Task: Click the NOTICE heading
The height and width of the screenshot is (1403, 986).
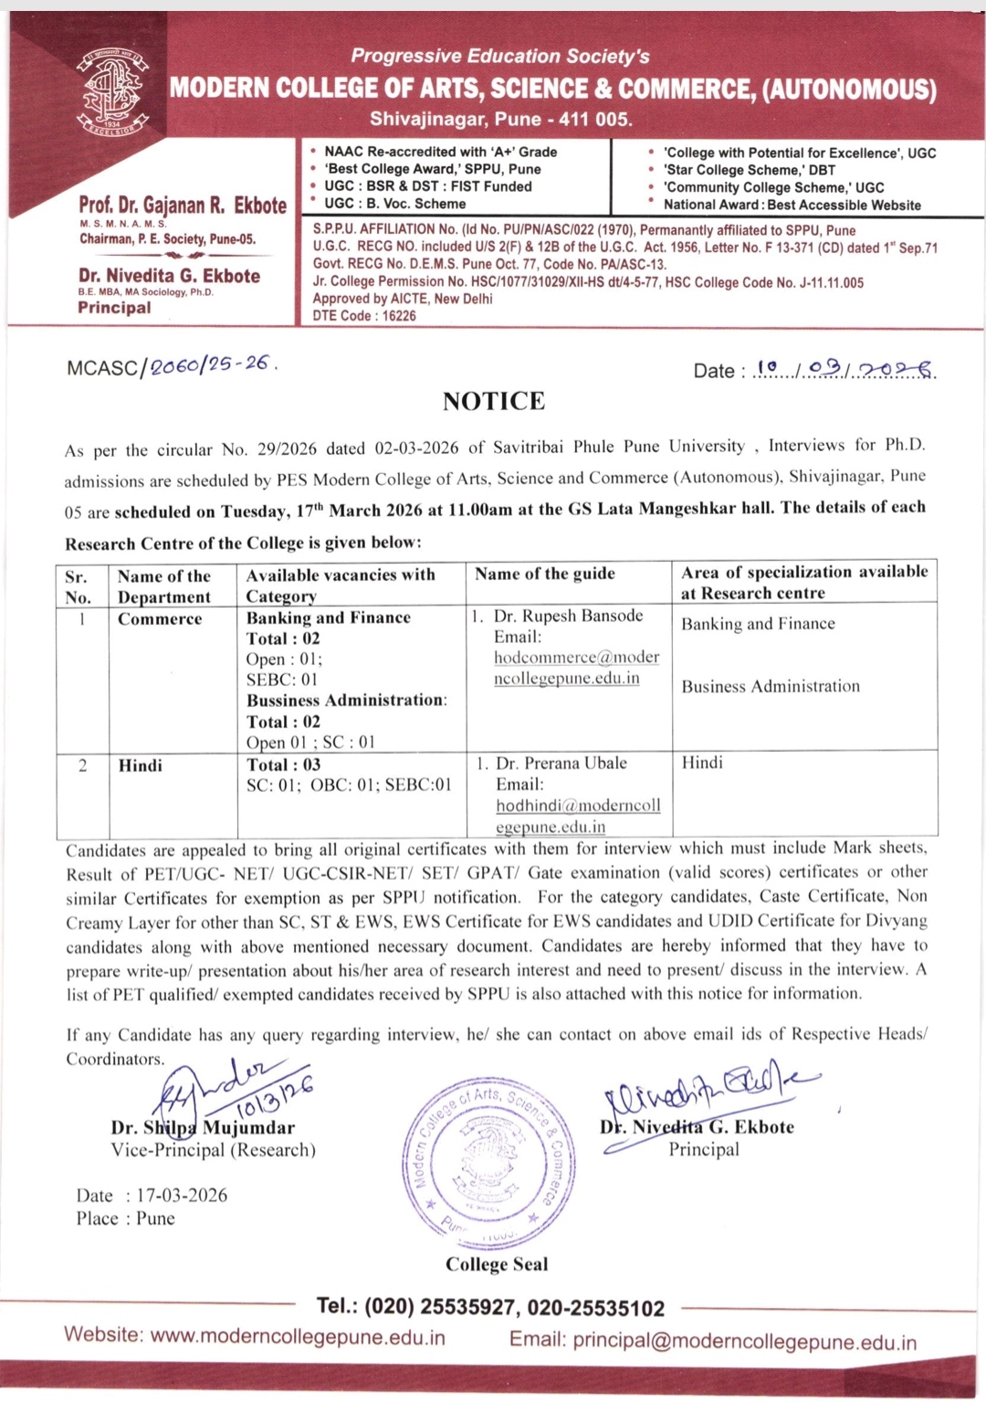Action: point(494,402)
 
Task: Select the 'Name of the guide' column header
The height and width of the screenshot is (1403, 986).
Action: point(545,574)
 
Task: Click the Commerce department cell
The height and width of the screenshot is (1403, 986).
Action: point(160,619)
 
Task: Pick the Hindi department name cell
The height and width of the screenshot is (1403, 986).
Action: point(141,765)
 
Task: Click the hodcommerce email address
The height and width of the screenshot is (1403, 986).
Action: point(576,668)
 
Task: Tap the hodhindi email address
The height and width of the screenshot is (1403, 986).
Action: point(578,816)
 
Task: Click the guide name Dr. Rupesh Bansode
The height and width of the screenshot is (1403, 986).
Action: point(568,616)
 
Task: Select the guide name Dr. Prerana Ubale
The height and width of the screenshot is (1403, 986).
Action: point(561,763)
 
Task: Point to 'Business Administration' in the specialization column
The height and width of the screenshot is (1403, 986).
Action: point(771,686)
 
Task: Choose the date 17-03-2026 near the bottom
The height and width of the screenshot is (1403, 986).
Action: point(182,1196)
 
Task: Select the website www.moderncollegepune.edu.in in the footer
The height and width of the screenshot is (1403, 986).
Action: point(298,1337)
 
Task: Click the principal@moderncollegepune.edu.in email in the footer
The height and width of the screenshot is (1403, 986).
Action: point(744,1342)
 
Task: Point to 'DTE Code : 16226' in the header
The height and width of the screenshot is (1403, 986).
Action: point(364,316)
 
